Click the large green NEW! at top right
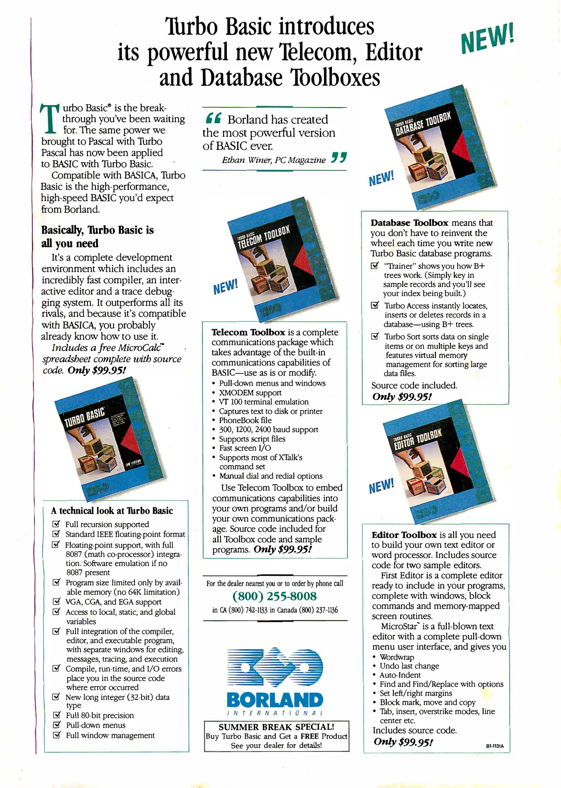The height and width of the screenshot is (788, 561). point(487,38)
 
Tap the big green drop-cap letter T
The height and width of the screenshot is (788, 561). point(49,119)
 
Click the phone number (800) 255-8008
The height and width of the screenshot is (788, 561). point(274,596)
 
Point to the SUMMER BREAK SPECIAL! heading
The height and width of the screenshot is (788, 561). point(276,727)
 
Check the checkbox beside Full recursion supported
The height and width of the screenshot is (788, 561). point(56,524)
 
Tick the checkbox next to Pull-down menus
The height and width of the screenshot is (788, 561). point(57,725)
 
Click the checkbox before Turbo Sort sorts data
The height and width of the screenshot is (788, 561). point(375,336)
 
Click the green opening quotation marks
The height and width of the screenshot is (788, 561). point(213,118)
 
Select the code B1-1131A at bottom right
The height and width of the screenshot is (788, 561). point(495,746)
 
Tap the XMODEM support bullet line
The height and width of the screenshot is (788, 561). point(250,393)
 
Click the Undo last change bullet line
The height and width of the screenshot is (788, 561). point(409,666)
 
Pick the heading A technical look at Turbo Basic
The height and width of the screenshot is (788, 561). point(112,511)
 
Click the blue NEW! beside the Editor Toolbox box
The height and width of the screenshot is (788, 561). point(381,486)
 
